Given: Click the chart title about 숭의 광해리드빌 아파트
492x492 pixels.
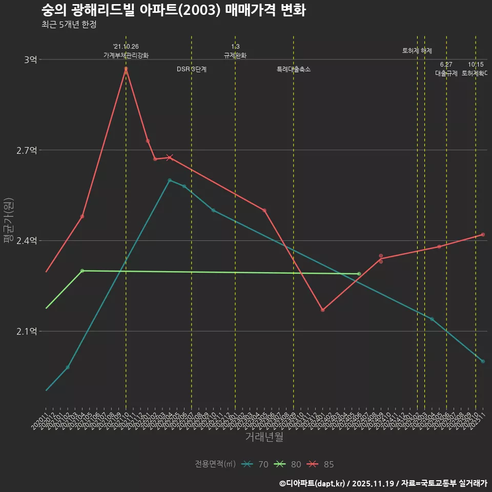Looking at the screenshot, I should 173,10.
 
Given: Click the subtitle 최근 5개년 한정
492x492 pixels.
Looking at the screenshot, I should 69,25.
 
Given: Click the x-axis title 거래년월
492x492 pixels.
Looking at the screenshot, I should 264,437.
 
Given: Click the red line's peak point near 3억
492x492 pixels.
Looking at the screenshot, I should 126,69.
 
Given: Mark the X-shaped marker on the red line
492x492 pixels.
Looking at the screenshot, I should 170,157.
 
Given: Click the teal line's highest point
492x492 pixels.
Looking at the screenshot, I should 170,180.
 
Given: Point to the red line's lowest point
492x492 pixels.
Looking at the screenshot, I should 322,310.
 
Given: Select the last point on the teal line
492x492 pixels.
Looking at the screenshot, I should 483,361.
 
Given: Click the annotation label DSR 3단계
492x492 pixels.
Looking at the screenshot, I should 191,69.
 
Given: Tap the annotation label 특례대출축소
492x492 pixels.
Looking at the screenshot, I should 293,69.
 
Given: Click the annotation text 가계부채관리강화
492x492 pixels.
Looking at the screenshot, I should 126,55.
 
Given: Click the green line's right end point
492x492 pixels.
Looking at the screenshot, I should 359,274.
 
